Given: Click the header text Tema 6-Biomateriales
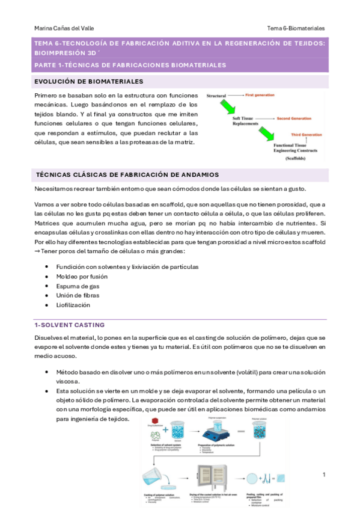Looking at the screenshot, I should (x=296, y=28).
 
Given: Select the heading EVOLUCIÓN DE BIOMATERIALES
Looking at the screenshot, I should (x=88, y=81).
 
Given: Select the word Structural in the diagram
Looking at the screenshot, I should (x=216, y=96).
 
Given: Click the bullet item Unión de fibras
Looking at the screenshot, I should (x=79, y=295).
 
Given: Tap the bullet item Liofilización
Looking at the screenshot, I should (x=75, y=305).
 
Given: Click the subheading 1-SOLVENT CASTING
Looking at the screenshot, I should (x=69, y=325).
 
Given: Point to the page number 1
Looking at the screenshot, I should (x=323, y=476).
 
